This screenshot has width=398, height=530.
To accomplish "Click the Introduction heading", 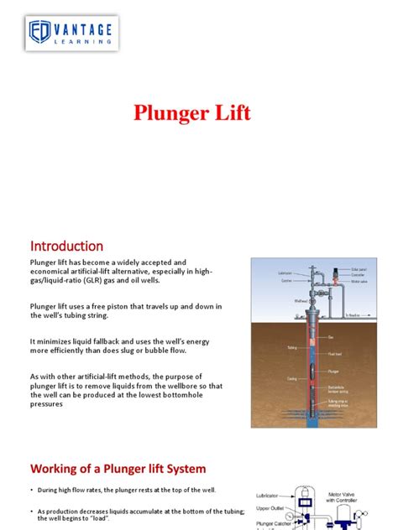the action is (66, 246).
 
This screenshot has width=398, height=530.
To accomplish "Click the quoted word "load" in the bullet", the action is (105, 519).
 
